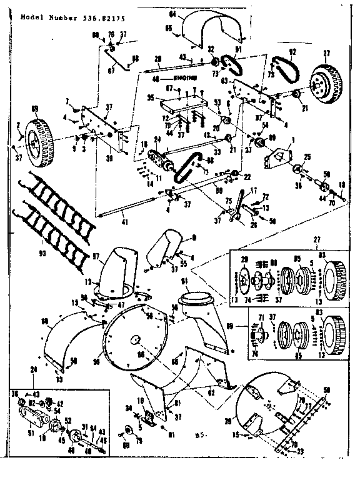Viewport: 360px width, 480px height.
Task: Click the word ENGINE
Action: [184, 78]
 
